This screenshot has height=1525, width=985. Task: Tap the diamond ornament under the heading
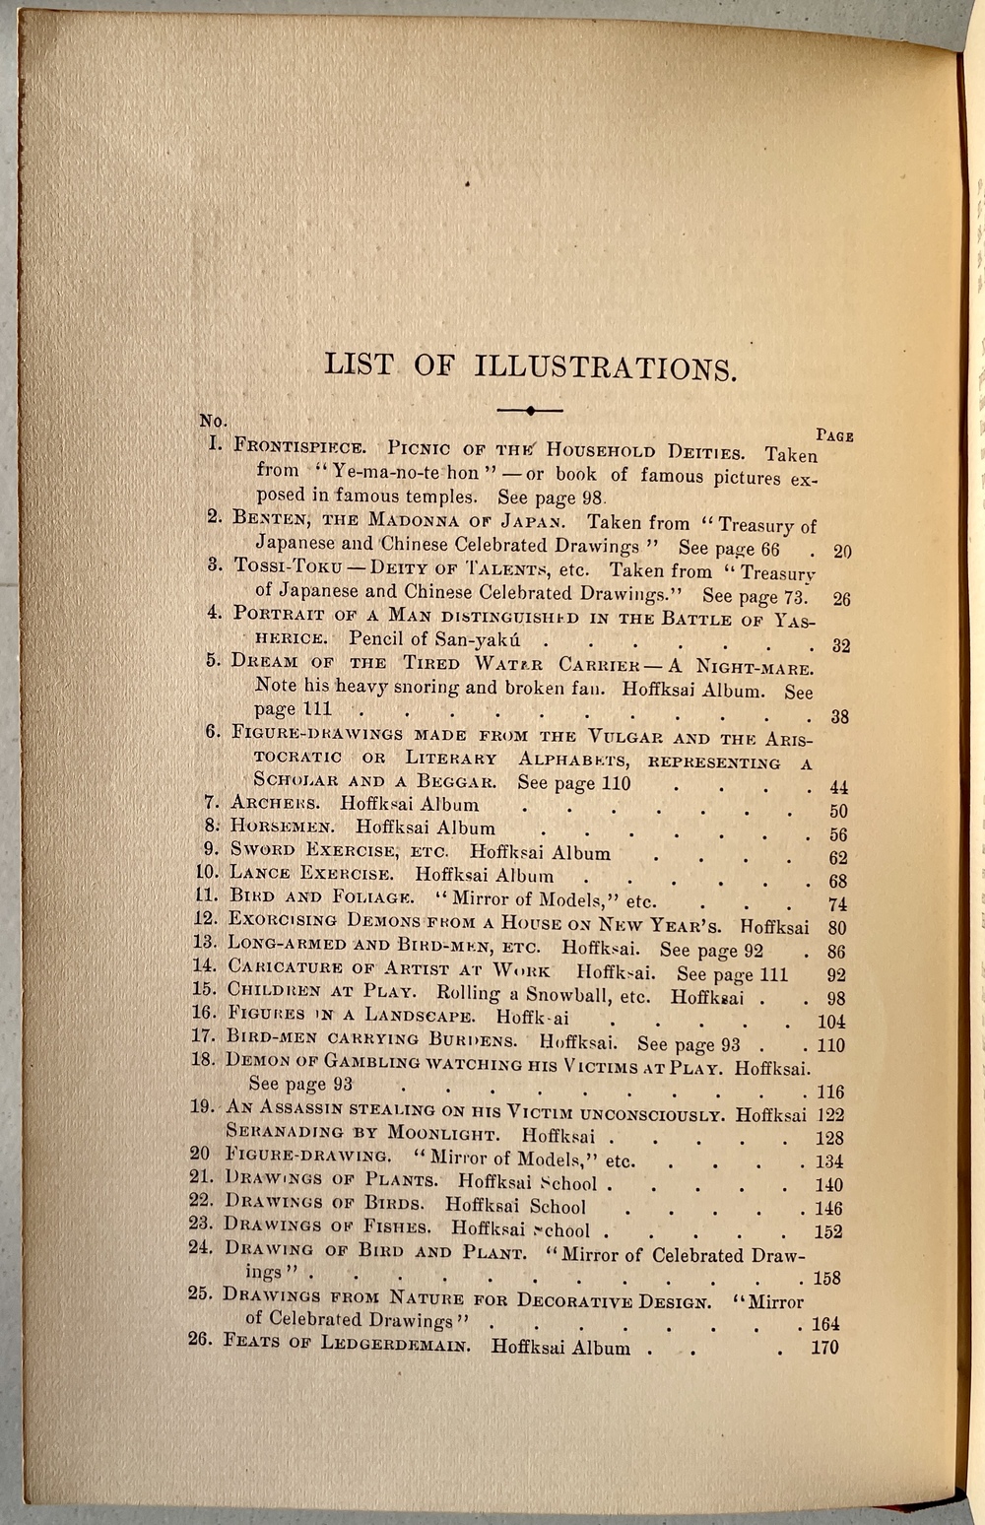pyautogui.click(x=530, y=410)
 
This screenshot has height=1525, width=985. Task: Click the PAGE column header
pyautogui.click(x=834, y=435)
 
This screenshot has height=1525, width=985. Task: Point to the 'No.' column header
pyautogui.click(x=213, y=421)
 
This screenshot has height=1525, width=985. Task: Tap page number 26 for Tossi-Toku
pyautogui.click(x=841, y=598)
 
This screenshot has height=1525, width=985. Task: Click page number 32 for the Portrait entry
pyautogui.click(x=840, y=646)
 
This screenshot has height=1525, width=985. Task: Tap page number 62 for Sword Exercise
pyautogui.click(x=838, y=858)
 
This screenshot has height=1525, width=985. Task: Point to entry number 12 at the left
pyautogui.click(x=206, y=919)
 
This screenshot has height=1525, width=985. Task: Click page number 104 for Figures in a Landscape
pyautogui.click(x=831, y=1022)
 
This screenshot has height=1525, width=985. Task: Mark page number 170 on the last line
pyautogui.click(x=824, y=1347)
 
